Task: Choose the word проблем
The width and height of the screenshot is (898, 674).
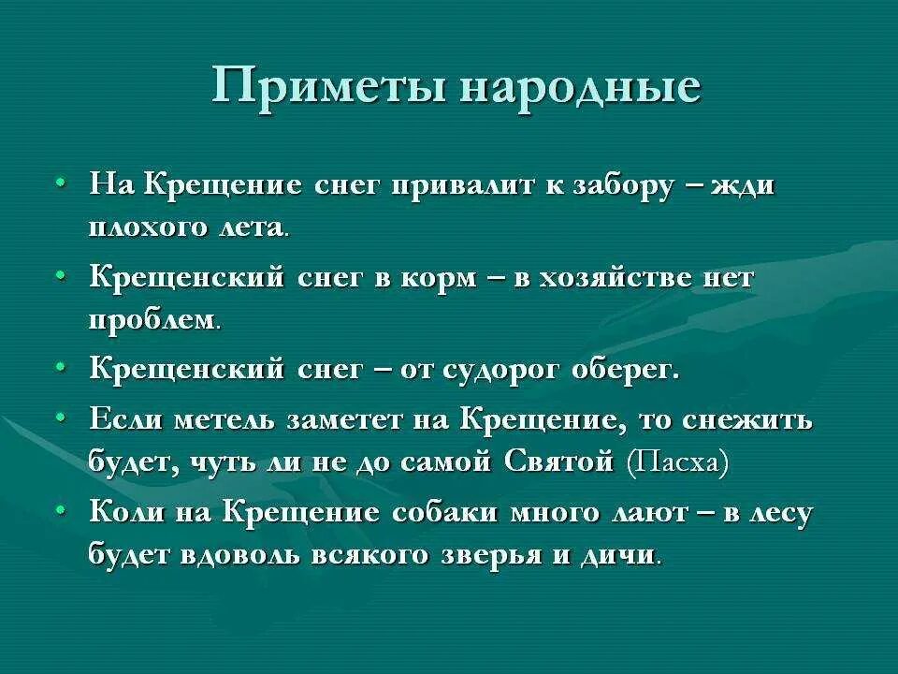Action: tap(153, 321)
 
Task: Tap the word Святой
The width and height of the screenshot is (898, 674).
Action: tap(558, 462)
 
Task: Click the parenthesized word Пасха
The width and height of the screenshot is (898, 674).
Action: tap(678, 462)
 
